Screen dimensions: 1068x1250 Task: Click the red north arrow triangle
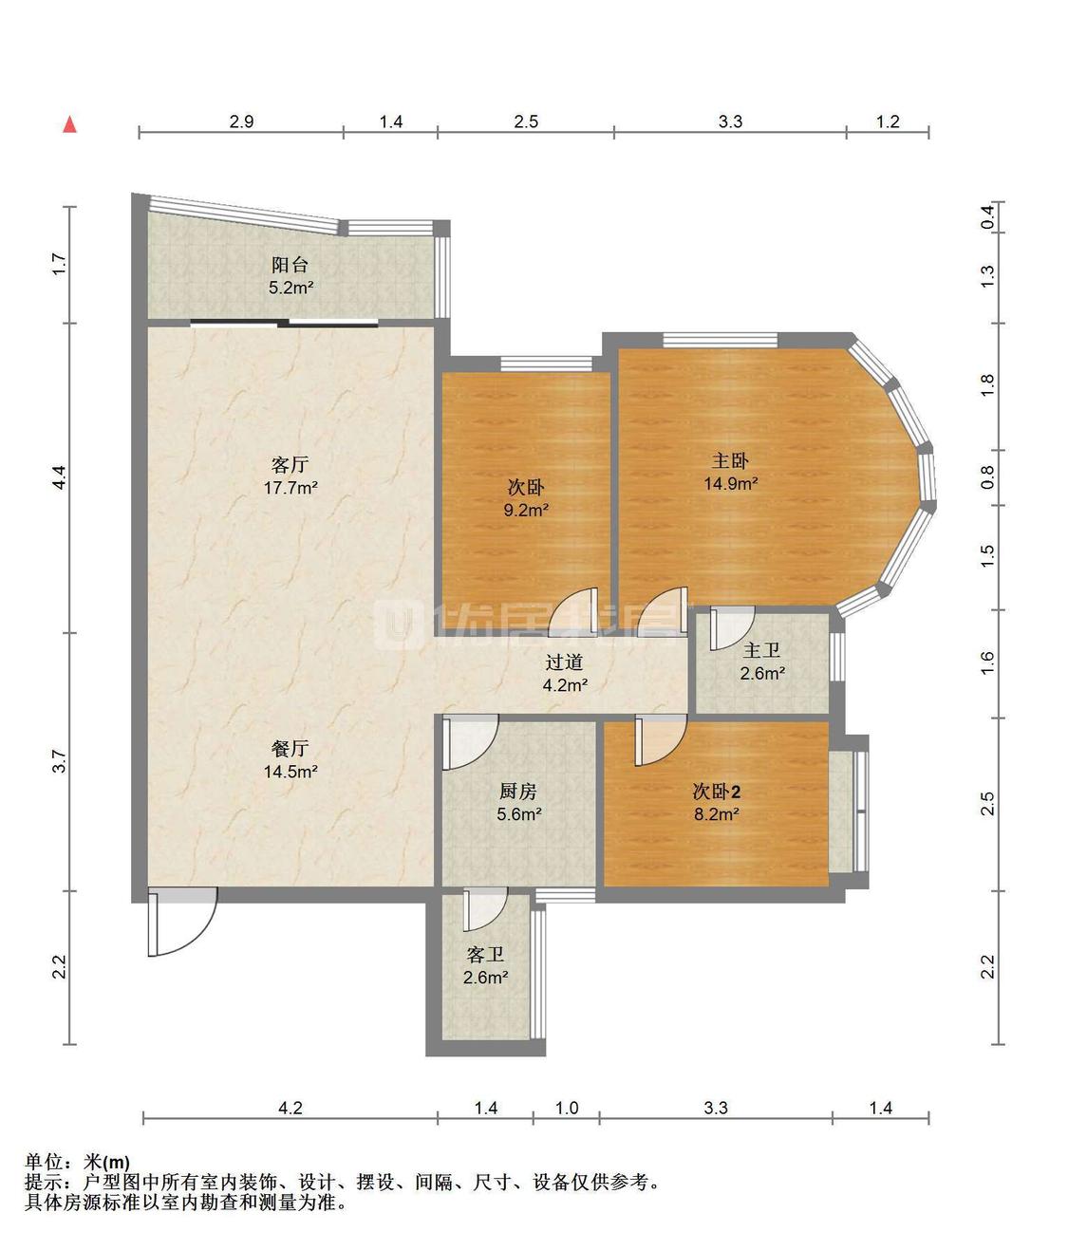(70, 124)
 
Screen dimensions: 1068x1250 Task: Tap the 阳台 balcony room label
(290, 265)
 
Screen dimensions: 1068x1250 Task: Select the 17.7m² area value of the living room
(290, 487)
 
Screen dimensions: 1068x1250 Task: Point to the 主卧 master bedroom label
(731, 461)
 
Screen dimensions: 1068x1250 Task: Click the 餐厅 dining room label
(290, 749)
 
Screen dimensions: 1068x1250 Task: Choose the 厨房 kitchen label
(518, 791)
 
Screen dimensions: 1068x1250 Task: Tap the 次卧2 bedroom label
(717, 791)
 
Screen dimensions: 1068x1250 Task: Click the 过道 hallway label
(564, 662)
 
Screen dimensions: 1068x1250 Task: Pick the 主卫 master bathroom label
(762, 650)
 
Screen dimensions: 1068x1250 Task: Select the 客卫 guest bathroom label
(485, 954)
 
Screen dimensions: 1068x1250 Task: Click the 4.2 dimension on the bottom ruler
(290, 1108)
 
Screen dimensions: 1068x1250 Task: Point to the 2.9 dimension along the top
(241, 121)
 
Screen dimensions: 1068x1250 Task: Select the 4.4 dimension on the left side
(59, 477)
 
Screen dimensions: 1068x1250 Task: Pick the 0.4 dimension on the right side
(987, 217)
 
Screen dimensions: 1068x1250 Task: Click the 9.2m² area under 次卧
(526, 510)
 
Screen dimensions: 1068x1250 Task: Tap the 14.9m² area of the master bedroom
(731, 483)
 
